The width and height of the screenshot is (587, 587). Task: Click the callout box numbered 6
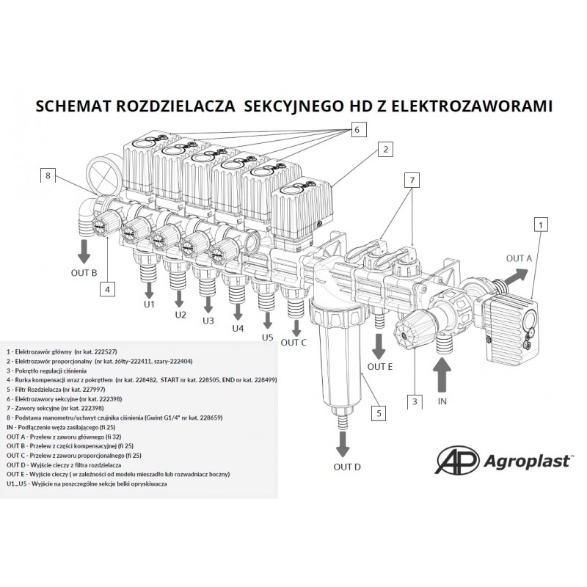(357, 130)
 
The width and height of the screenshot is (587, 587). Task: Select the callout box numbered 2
(386, 150)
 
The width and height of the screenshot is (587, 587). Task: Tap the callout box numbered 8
(48, 175)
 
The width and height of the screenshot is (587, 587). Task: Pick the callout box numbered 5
(379, 413)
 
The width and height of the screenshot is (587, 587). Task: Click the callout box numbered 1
(540, 225)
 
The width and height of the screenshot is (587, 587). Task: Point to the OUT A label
(519, 258)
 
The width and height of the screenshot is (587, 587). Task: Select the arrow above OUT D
(342, 445)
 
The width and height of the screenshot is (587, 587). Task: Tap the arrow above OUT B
(84, 251)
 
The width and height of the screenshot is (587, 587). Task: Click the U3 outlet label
(208, 321)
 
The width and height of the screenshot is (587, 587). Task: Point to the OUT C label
(293, 343)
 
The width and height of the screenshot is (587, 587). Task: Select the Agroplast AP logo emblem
(457, 460)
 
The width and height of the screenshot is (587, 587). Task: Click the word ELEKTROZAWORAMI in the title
(472, 106)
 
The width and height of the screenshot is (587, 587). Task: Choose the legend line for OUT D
(64, 465)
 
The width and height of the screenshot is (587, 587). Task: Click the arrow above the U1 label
(150, 290)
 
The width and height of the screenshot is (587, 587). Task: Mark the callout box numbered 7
(412, 180)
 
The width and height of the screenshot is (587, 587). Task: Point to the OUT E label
(380, 367)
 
